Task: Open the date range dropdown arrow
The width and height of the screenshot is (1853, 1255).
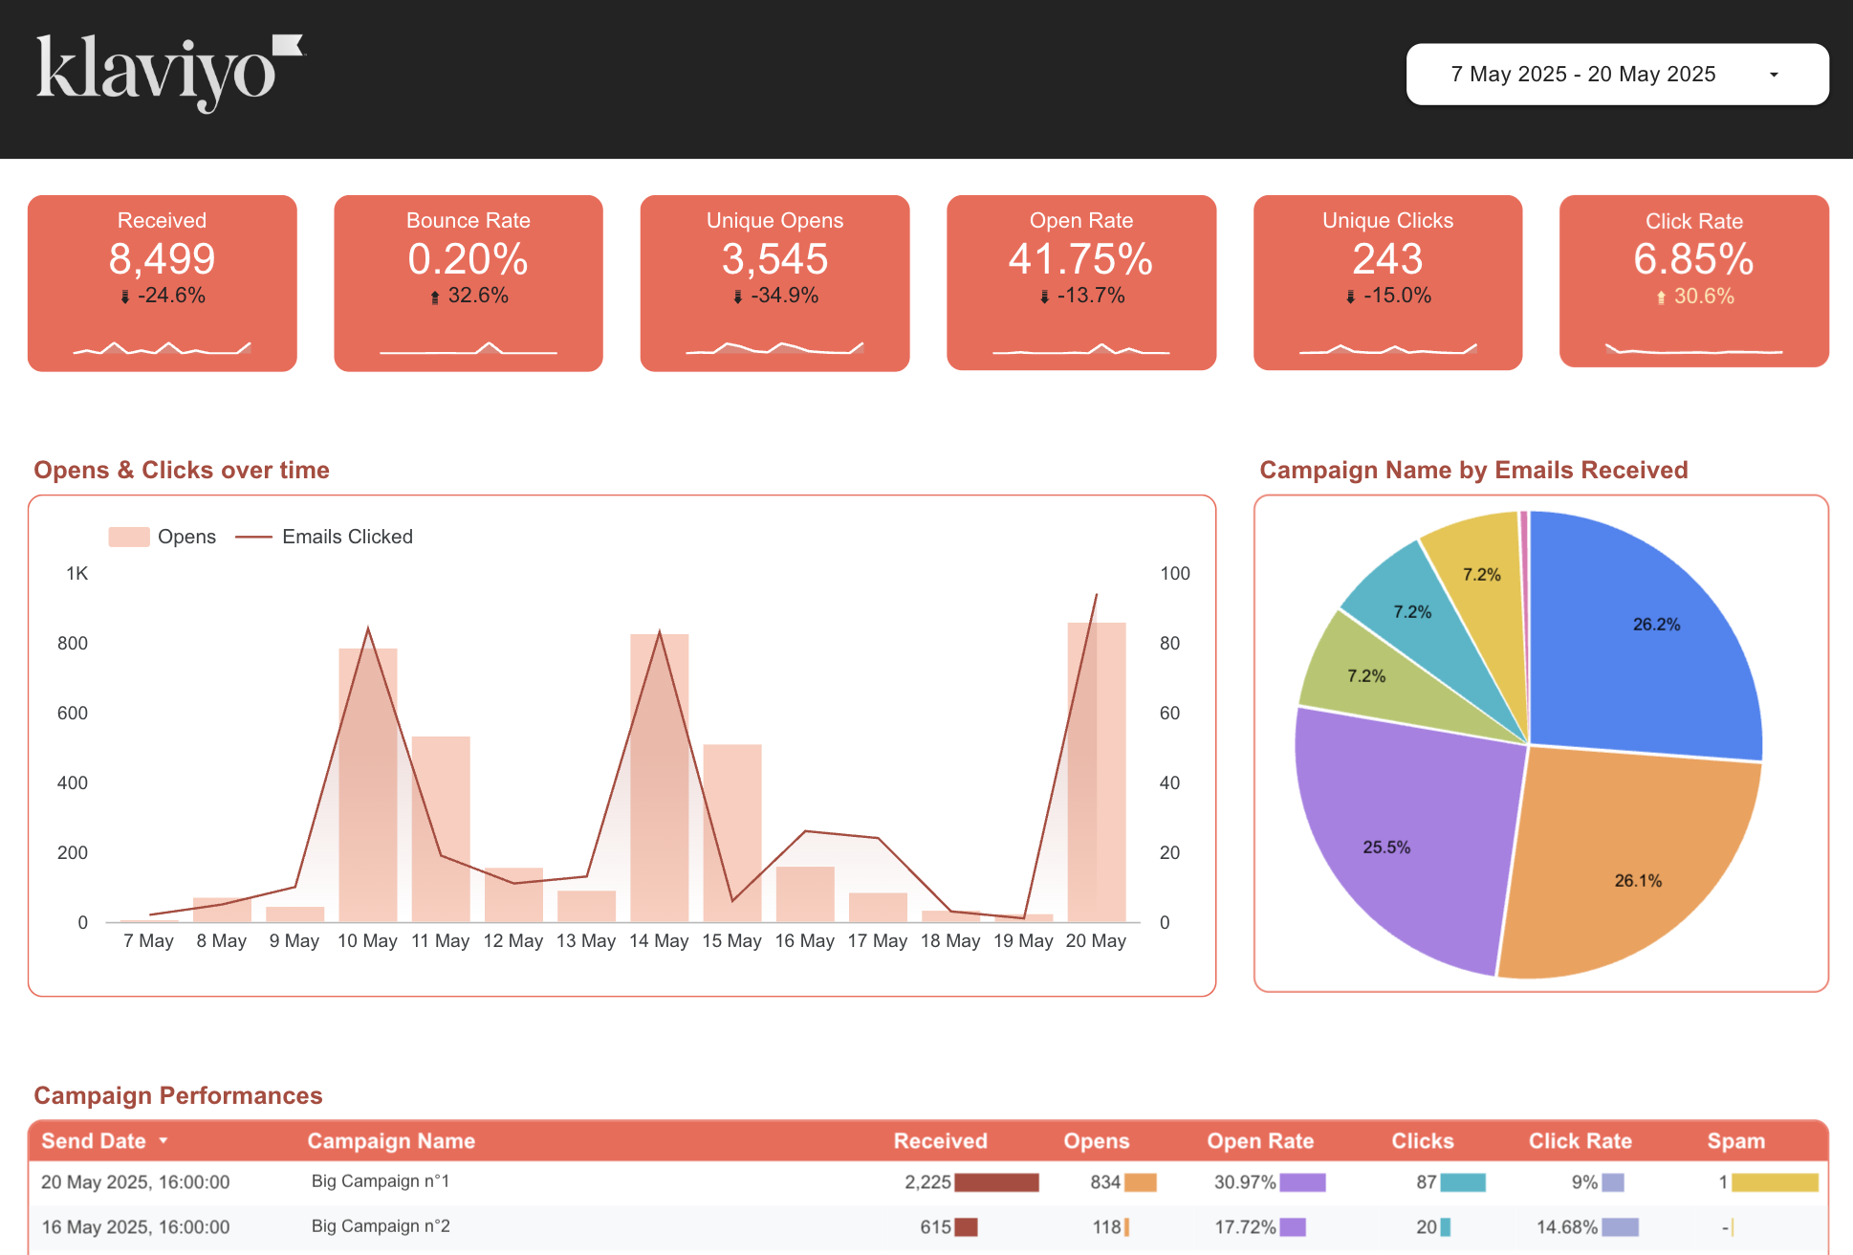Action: pyautogui.click(x=1774, y=75)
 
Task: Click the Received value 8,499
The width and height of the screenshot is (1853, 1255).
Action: pyautogui.click(x=162, y=259)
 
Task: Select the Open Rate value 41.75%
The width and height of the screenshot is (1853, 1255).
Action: pyautogui.click(x=1080, y=259)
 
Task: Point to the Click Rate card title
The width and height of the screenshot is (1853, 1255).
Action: pyautogui.click(x=1693, y=221)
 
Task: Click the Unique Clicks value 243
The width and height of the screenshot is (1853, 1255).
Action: pyautogui.click(x=1387, y=259)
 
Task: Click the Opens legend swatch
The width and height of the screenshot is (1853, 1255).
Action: pyautogui.click(x=129, y=537)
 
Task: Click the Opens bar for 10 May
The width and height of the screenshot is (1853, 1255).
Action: pyautogui.click(x=368, y=784)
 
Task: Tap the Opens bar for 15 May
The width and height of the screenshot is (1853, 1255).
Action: pyautogui.click(x=732, y=832)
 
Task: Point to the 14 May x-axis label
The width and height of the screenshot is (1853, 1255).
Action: pyautogui.click(x=659, y=941)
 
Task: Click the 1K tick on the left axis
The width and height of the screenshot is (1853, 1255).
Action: pyautogui.click(x=76, y=574)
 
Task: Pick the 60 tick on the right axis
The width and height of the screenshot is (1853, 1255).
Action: pyautogui.click(x=1169, y=713)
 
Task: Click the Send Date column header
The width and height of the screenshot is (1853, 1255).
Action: pyautogui.click(x=94, y=1141)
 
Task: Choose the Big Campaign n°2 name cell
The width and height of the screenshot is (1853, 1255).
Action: pyautogui.click(x=381, y=1226)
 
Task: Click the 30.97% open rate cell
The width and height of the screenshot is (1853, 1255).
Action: pyautogui.click(x=1245, y=1182)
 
